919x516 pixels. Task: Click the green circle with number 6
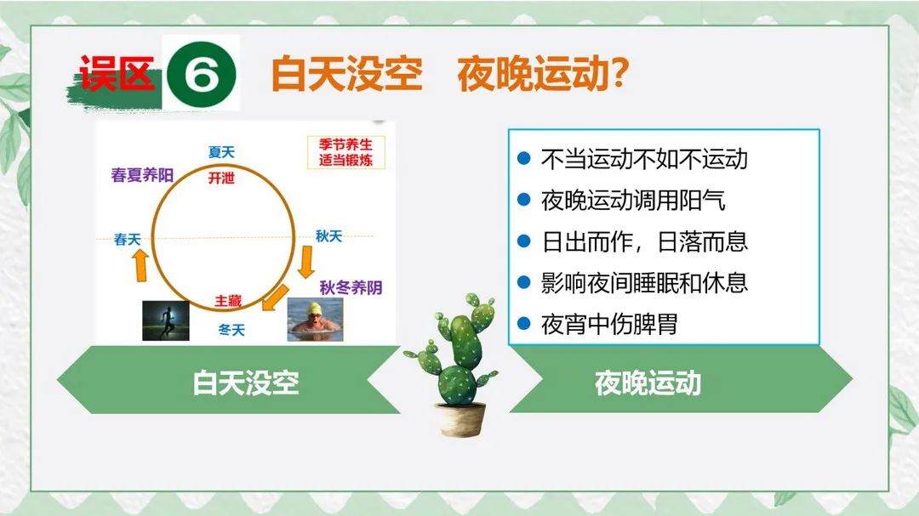[x=201, y=75]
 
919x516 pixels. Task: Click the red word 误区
[x=117, y=73]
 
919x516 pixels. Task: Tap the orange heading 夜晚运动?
[x=543, y=74]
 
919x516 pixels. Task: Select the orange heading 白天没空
[x=346, y=74]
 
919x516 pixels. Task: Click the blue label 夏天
[x=221, y=152]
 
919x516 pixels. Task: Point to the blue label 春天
[x=127, y=240]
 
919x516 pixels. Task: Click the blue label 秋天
[x=328, y=236]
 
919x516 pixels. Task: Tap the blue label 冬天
[x=231, y=331]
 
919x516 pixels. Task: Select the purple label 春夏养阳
[x=142, y=175]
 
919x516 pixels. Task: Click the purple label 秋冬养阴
[x=351, y=287]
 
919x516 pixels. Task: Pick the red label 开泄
[x=221, y=178]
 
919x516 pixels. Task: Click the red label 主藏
[x=228, y=301]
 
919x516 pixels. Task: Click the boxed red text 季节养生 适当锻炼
[x=345, y=152]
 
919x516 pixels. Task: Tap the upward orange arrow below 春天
[x=140, y=265]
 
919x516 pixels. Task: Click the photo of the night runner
[x=166, y=320]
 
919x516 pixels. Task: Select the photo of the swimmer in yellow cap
[x=316, y=319]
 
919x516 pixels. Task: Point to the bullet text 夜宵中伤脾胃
[x=609, y=324]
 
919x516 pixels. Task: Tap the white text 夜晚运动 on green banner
[x=648, y=383]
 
